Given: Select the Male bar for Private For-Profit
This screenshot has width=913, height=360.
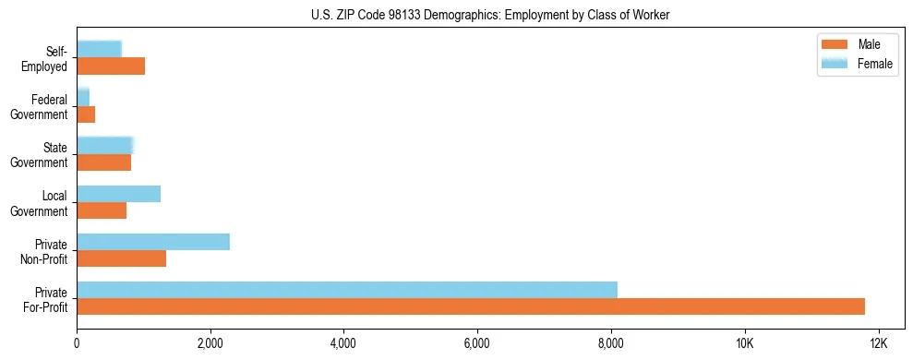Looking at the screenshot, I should point(471,306).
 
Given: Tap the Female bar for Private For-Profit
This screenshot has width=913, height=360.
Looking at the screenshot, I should point(347,289).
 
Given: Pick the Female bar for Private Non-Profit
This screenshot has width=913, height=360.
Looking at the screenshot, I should point(153,242).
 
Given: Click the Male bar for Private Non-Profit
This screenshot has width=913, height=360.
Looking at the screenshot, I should point(121,258).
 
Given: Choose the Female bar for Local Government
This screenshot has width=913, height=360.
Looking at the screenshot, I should point(118,194).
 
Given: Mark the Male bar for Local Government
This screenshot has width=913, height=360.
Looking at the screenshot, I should point(102,210).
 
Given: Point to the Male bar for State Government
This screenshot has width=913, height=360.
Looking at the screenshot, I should point(103,162).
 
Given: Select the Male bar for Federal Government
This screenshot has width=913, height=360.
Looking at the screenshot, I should point(86,114).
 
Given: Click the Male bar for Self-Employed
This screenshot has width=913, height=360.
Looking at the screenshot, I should point(111,66).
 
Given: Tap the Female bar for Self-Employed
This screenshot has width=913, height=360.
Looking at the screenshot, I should point(99,49).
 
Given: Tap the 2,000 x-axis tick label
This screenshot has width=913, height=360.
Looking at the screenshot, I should point(210,342).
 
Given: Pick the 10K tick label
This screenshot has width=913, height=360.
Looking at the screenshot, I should point(744,342).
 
